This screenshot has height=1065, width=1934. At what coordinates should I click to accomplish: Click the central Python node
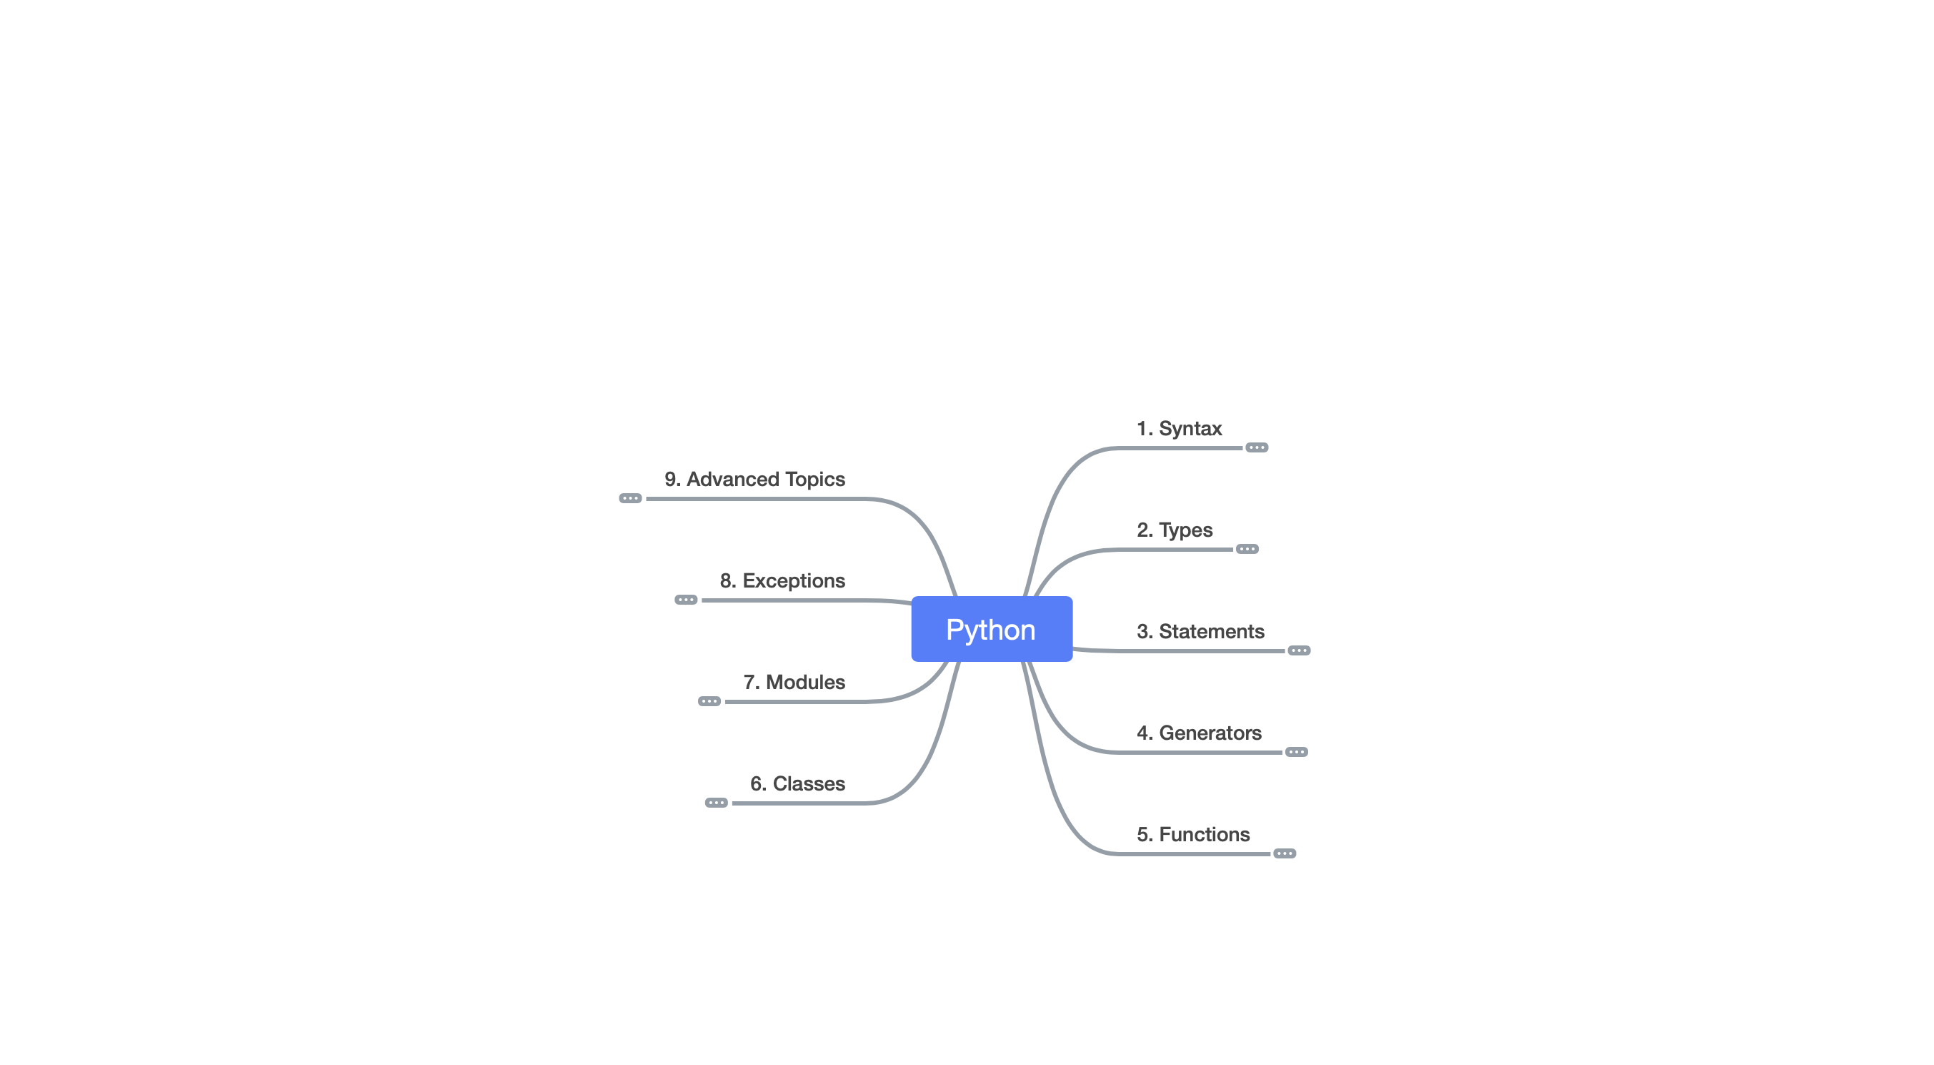point(991,630)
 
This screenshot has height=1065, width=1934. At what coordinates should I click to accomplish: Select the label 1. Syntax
point(1179,429)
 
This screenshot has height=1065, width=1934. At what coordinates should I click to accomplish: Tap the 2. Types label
point(1175,530)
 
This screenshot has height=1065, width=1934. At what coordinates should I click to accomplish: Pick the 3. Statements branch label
point(1200,632)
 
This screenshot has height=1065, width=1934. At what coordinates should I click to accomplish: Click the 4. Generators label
point(1198,733)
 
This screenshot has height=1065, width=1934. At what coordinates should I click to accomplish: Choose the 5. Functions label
point(1193,834)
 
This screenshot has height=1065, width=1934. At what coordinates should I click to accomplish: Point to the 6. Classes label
point(797,784)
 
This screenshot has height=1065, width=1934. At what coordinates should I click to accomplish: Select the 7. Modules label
point(794,683)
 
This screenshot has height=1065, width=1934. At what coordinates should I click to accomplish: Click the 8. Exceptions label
point(782,581)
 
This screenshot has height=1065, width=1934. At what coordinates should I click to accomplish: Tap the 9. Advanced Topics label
point(754,480)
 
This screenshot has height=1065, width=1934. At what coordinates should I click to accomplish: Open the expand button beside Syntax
point(1257,447)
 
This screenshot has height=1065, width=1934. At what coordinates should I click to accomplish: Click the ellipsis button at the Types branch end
point(1247,549)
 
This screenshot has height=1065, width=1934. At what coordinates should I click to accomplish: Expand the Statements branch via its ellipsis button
point(1299,650)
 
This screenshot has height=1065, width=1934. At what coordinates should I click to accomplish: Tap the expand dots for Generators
point(1297,752)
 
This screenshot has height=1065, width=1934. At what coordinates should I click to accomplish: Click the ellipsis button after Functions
point(1285,853)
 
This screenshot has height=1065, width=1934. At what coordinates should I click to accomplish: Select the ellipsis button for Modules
point(709,701)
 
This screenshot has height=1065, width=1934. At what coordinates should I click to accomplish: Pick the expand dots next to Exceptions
point(686,600)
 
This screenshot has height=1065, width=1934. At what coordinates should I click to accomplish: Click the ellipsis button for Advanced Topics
point(631,499)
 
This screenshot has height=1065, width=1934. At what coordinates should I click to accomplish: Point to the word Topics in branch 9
point(814,480)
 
